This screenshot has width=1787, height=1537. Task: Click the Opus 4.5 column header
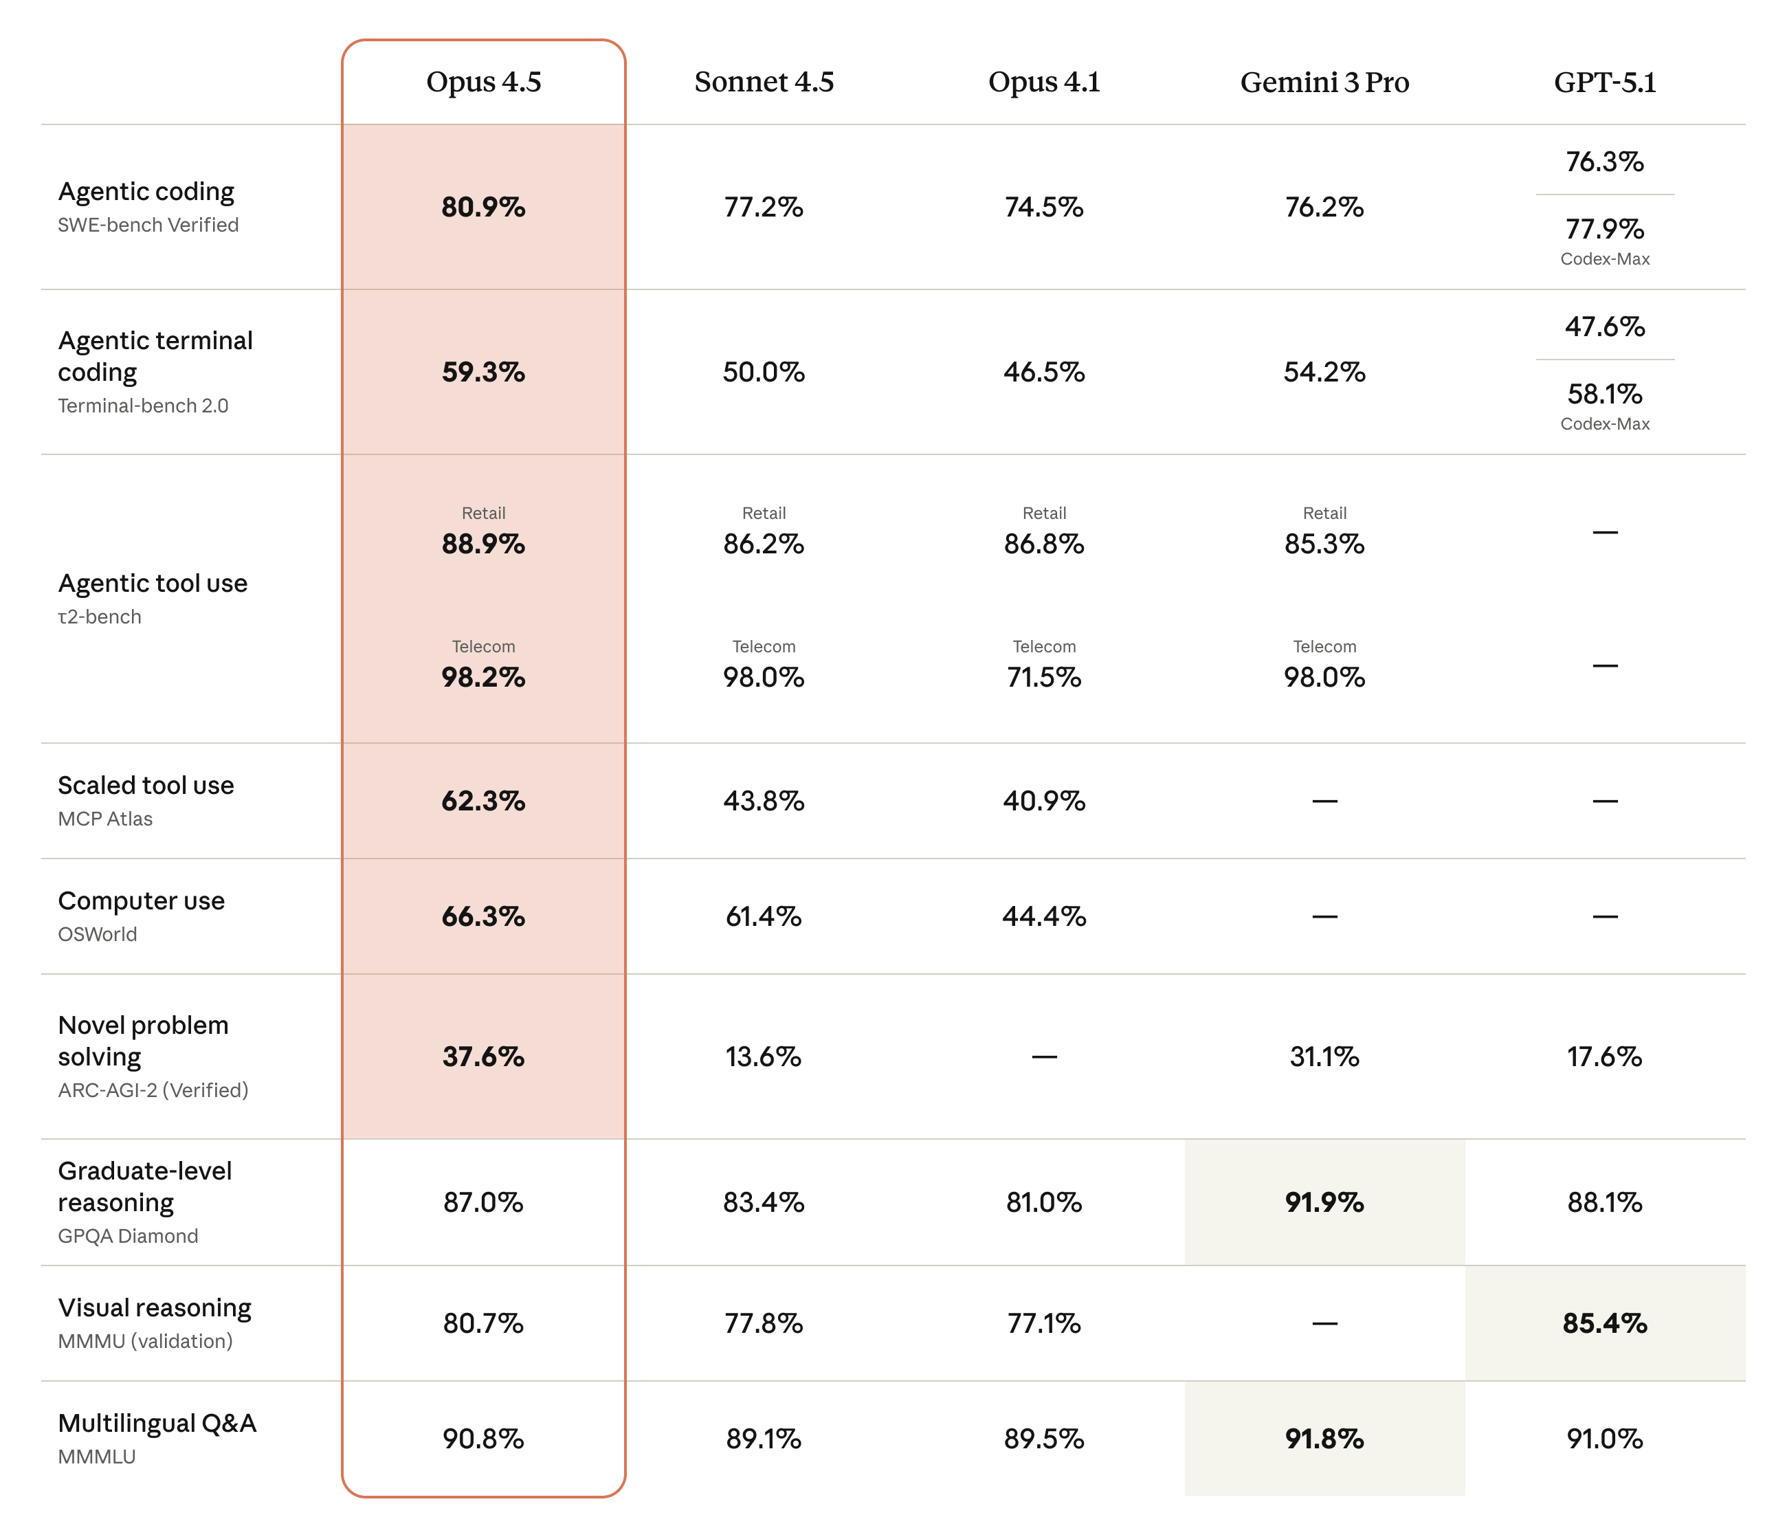coord(483,82)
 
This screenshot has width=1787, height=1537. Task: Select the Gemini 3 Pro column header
coord(1324,82)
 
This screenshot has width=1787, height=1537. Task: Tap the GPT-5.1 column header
coord(1604,82)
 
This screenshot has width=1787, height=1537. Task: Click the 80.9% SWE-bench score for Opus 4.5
coord(483,207)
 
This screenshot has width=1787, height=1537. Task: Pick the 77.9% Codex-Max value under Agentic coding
coord(1604,230)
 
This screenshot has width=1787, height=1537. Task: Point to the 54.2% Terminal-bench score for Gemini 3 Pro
coord(1324,372)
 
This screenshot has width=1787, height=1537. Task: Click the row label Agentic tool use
coord(153,583)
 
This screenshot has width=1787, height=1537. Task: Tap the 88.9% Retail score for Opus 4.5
coord(483,544)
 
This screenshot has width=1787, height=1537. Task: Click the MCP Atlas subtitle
coord(105,819)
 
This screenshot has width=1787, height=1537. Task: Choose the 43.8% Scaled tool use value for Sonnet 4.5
coord(764,800)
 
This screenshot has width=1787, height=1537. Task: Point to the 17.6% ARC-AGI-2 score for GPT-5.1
coord(1604,1057)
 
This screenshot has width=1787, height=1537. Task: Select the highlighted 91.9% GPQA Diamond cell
coord(1324,1202)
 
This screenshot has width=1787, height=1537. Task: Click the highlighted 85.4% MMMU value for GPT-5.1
coord(1604,1323)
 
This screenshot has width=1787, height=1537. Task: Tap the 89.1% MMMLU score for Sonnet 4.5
coord(764,1438)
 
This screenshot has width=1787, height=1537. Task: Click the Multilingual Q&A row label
coord(157,1422)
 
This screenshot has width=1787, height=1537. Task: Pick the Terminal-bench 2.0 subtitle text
coord(143,406)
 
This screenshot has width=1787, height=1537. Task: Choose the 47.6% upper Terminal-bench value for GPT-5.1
coord(1604,327)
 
